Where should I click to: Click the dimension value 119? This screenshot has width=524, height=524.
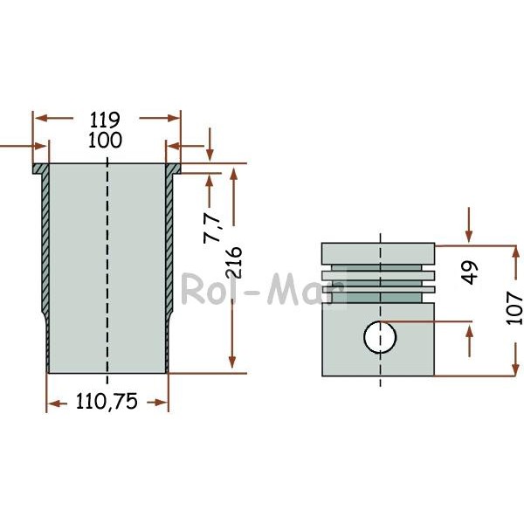[104, 120]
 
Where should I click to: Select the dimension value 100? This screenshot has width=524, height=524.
[105, 141]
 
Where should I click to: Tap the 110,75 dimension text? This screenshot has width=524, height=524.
[107, 401]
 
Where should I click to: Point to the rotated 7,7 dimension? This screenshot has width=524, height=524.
[212, 228]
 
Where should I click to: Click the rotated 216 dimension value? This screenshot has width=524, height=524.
[233, 263]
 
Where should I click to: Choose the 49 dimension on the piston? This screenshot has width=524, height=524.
[471, 272]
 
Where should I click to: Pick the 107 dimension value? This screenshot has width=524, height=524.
[514, 307]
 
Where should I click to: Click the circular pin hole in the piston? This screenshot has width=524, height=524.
[380, 337]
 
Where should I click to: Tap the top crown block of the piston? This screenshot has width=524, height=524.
[378, 253]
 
